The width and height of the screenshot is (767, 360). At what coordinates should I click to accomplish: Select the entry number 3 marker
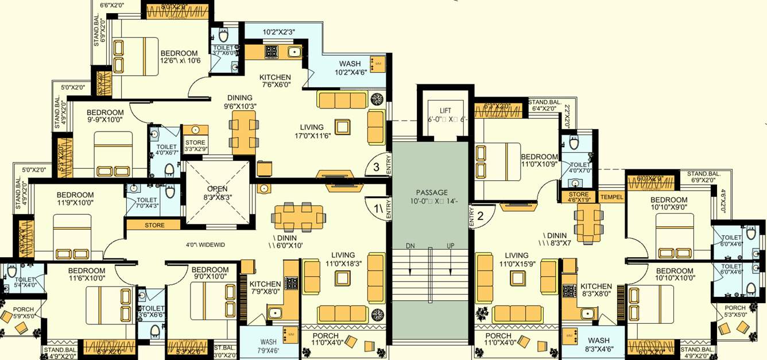pyautogui.click(x=376, y=167)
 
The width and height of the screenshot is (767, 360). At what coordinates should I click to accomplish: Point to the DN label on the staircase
pyautogui.click(x=410, y=246)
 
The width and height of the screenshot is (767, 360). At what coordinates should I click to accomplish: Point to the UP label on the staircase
pyautogui.click(x=450, y=246)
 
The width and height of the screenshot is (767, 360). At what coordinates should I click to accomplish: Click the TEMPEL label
pyautogui.click(x=611, y=197)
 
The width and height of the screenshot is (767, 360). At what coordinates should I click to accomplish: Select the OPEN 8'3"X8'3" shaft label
pyautogui.click(x=217, y=192)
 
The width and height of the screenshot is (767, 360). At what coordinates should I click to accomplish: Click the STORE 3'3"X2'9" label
pyautogui.click(x=195, y=146)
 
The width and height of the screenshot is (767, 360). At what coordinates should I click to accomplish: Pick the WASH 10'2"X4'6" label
pyautogui.click(x=350, y=68)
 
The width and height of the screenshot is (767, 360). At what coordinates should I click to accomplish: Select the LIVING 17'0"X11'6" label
pyautogui.click(x=312, y=131)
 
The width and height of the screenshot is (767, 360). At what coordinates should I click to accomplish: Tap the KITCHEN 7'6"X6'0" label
pyautogui.click(x=275, y=81)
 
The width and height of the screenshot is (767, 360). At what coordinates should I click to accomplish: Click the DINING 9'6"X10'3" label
pyautogui.click(x=240, y=102)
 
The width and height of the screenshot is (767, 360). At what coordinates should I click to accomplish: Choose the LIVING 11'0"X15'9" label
pyautogui.click(x=517, y=260)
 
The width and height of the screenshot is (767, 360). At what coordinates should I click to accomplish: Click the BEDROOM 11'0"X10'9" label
pyautogui.click(x=539, y=161)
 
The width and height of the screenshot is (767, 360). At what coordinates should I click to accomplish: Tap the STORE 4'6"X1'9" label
pyautogui.click(x=579, y=198)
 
